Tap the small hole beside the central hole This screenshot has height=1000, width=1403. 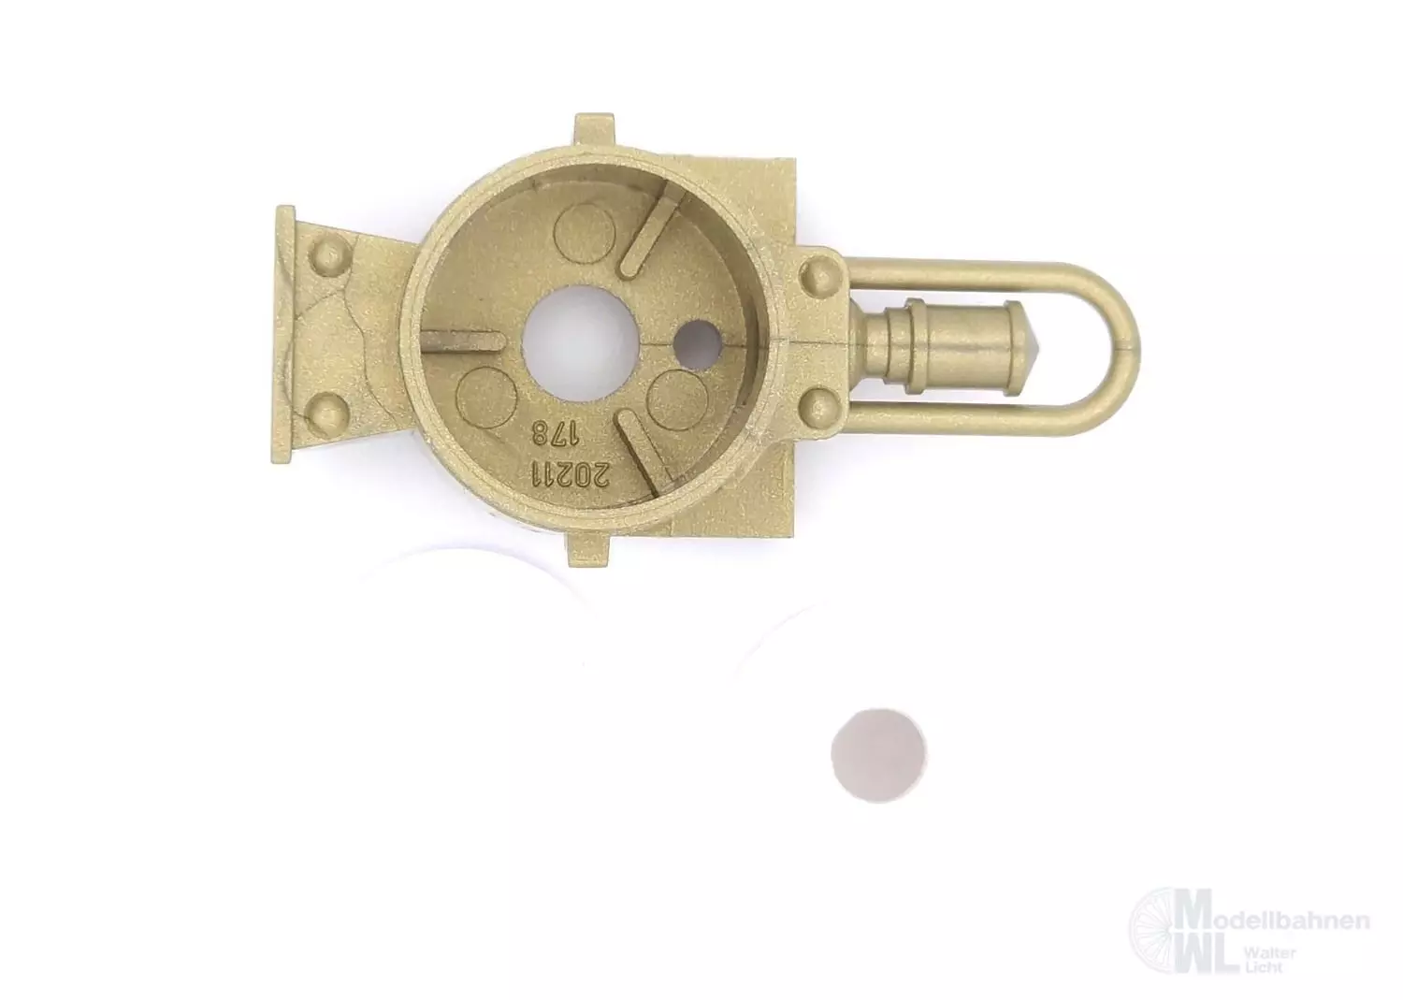click(x=699, y=342)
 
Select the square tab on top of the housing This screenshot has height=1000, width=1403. click(x=594, y=131)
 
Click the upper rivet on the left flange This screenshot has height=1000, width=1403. click(x=330, y=255)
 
